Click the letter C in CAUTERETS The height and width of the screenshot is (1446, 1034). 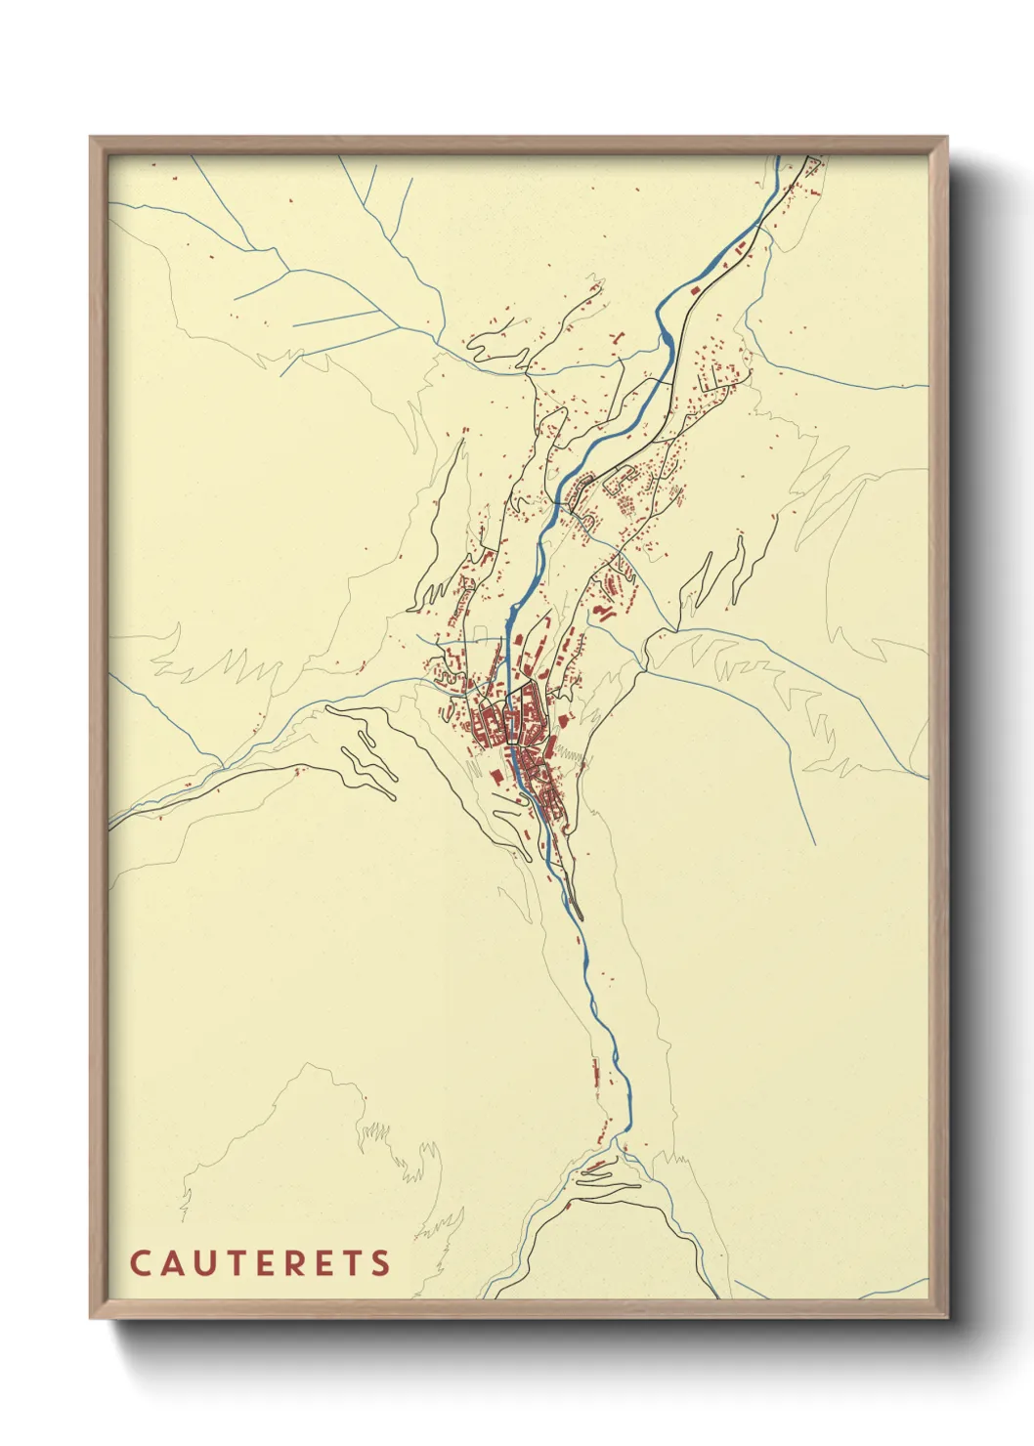[139, 1263]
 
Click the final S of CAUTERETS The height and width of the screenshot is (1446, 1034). [381, 1263]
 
